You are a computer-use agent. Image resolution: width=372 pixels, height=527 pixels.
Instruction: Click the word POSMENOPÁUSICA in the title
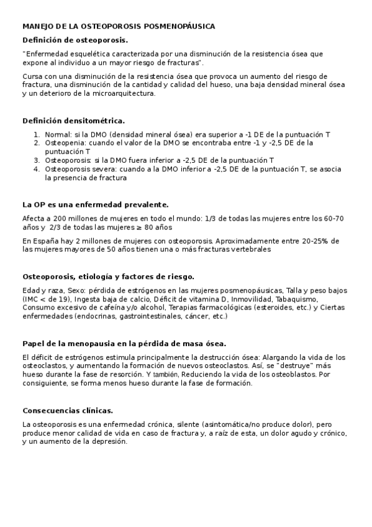pyautogui.click(x=179, y=27)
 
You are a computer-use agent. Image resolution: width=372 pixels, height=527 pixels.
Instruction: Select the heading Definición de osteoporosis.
pyautogui.click(x=75, y=40)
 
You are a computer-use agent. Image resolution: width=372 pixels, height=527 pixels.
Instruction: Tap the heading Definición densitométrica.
pyautogui.click(x=73, y=120)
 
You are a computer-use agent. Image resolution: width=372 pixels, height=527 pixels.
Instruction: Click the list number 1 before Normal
pyautogui.click(x=36, y=134)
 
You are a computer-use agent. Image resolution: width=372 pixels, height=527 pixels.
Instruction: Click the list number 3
pyautogui.click(x=36, y=160)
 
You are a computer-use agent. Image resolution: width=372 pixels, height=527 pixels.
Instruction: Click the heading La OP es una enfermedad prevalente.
pyautogui.click(x=95, y=204)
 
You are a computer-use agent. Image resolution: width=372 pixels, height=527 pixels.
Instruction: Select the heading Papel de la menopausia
pyautogui.click(x=124, y=343)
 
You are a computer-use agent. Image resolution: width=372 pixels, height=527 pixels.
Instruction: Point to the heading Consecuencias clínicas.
pyautogui.click(x=68, y=410)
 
